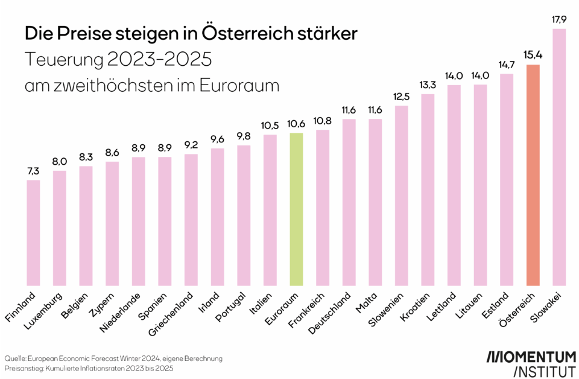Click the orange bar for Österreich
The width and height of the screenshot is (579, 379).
533,175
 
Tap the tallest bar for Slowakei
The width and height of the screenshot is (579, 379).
559,157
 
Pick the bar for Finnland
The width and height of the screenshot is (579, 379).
33,232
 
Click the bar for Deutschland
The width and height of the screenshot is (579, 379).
349,202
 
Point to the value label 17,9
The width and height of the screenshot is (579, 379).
559,21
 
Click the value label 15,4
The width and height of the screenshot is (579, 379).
533,56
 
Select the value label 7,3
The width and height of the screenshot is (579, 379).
33,172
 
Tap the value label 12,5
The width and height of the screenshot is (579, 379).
402,98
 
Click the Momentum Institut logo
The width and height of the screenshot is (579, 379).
531,362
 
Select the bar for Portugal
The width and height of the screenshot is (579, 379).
244,215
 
